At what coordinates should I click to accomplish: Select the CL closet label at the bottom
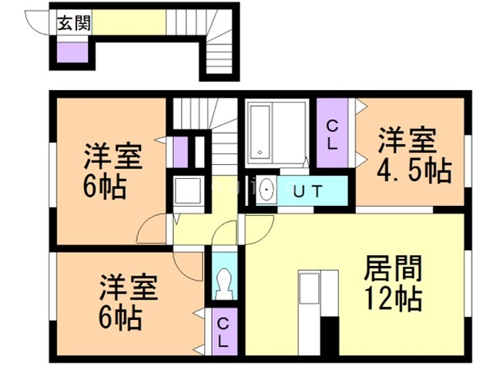(x=222, y=331)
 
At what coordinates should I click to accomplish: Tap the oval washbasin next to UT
(x=266, y=190)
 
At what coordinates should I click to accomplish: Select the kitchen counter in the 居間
(x=310, y=300)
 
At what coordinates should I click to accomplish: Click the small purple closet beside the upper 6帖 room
(x=181, y=150)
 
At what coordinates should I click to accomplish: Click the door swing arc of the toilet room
(x=226, y=230)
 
